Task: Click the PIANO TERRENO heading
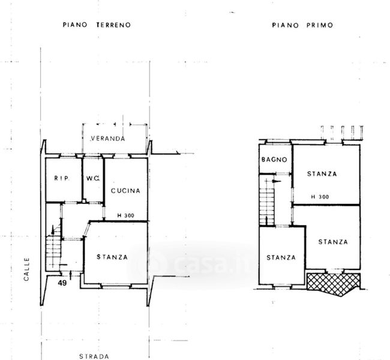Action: (97, 25)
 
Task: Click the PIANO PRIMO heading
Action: (302, 25)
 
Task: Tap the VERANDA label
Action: (107, 139)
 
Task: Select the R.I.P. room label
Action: (62, 178)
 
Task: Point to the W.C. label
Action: (93, 178)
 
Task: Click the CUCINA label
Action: (125, 191)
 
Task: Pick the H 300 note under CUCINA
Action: (125, 215)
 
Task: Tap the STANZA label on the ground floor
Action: (112, 257)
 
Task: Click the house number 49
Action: (62, 283)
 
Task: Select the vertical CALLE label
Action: (26, 269)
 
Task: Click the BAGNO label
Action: (274, 160)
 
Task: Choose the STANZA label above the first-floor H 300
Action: (322, 173)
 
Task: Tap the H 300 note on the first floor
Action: (320, 197)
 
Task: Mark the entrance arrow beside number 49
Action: (71, 275)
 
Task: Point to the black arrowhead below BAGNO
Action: (277, 181)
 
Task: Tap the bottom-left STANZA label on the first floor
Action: (281, 257)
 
